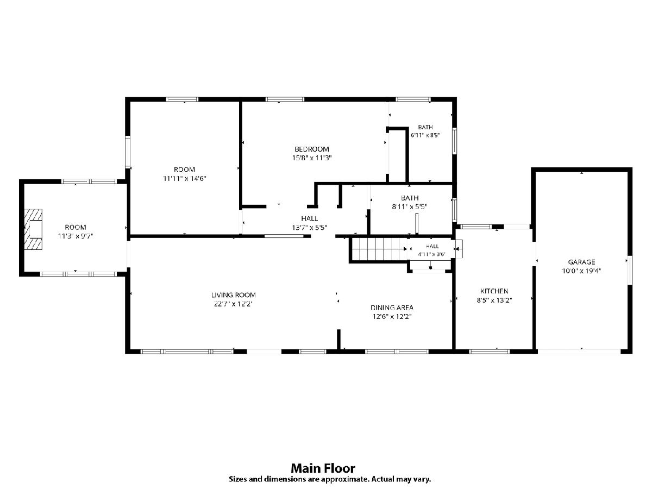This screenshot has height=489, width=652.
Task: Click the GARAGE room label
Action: [581, 262]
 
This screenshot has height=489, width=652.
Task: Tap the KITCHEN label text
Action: [494, 291]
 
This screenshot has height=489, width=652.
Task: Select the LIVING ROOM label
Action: [234, 295]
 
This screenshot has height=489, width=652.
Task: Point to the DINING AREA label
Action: [392, 308]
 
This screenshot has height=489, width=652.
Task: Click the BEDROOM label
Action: [311, 149]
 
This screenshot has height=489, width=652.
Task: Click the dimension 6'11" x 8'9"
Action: [425, 135]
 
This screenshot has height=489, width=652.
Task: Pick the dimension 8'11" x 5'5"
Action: [410, 206]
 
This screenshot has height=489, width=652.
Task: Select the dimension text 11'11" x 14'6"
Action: [184, 178]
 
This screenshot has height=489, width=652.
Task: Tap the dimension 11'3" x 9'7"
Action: [76, 236]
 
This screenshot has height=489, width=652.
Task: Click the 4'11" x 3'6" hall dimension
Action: [432, 254]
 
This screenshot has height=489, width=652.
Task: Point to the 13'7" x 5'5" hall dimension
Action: [310, 228]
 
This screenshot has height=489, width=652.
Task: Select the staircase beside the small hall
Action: [379, 249]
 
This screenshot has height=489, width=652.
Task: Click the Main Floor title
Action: [323, 468]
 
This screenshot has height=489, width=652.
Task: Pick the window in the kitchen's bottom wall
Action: [489, 352]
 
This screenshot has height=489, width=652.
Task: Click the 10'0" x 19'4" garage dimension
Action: [581, 271]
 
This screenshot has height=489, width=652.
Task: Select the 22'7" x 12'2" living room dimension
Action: [233, 304]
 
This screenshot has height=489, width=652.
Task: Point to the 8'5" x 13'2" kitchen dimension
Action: [494, 300]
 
